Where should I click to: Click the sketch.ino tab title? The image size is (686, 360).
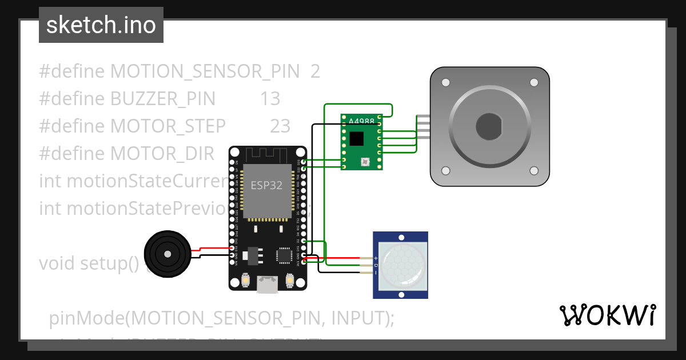pos(101,25)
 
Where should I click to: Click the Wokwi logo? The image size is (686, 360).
pos(607,315)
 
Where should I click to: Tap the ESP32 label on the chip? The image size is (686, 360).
pos(266,186)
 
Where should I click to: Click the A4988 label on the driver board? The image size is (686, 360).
pos(361,122)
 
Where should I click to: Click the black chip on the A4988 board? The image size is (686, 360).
pos(357,139)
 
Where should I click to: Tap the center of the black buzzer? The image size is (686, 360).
pos(167,254)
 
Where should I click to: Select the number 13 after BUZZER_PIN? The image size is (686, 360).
pos(270,99)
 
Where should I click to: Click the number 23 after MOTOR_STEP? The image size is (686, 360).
pos(280,126)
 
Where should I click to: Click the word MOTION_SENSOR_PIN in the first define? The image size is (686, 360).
pos(205,71)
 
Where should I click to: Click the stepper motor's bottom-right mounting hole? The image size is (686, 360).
pos(533,170)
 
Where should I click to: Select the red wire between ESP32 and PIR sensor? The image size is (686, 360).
pos(341,258)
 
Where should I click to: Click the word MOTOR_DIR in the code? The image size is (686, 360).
pos(162,153)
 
